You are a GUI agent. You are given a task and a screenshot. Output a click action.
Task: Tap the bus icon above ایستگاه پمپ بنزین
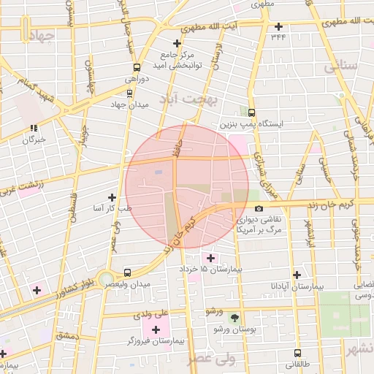(x=252, y=112)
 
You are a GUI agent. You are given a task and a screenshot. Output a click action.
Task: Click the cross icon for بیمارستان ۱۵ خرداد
(x=211, y=258)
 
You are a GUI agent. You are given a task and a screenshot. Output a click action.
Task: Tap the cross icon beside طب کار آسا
(x=112, y=197)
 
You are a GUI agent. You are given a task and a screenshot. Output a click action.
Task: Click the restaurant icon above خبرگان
(x=34, y=129)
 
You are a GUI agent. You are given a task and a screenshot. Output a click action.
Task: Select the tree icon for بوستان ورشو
(x=234, y=318)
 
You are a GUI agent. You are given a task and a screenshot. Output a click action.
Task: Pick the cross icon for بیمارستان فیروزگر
(x=156, y=329)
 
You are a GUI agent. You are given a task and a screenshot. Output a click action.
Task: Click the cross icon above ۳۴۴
(x=278, y=26)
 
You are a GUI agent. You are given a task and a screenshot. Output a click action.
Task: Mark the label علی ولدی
(x=150, y=316)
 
